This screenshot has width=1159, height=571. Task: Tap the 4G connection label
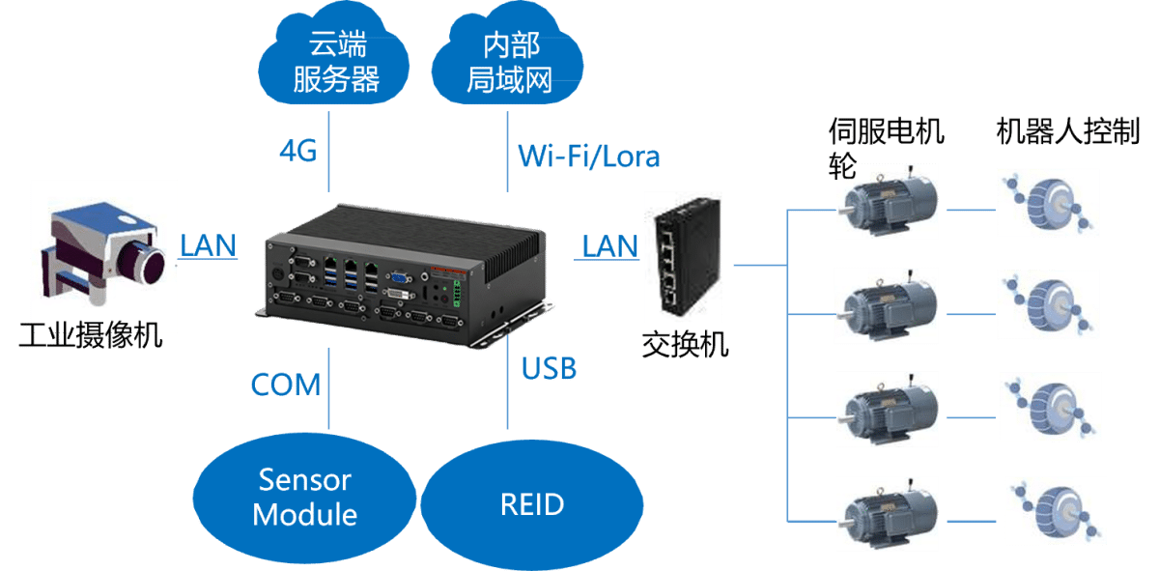[298, 151]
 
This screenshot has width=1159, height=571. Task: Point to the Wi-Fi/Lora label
[589, 156]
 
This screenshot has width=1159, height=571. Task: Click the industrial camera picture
[102, 250]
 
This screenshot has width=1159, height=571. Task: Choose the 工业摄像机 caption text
[91, 338]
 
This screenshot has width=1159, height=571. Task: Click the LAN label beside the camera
[208, 244]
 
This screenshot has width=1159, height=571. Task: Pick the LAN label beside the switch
[609, 245]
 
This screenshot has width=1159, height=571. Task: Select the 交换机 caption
[685, 344]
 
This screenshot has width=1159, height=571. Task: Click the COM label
[285, 385]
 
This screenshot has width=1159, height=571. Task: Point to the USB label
[549, 368]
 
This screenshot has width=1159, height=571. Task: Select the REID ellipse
[532, 503]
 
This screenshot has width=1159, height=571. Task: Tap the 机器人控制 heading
[1067, 132]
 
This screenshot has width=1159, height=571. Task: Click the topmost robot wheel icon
[1048, 202]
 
